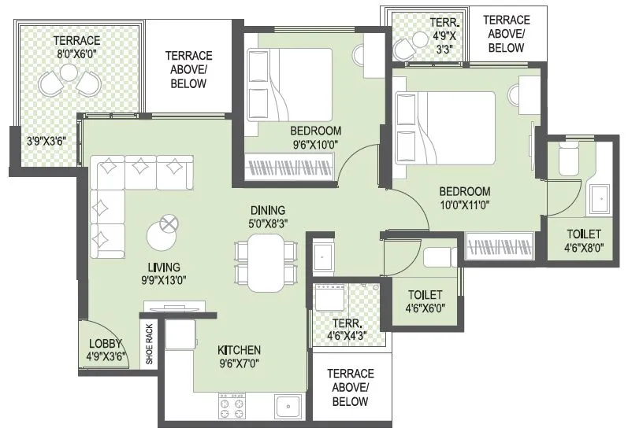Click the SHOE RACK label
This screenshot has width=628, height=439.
pyautogui.click(x=150, y=345)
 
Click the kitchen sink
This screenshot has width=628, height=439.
pyautogui.click(x=288, y=406)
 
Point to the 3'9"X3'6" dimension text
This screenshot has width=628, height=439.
pyautogui.click(x=49, y=143)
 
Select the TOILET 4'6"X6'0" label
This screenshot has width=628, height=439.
pyautogui.click(x=424, y=302)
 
